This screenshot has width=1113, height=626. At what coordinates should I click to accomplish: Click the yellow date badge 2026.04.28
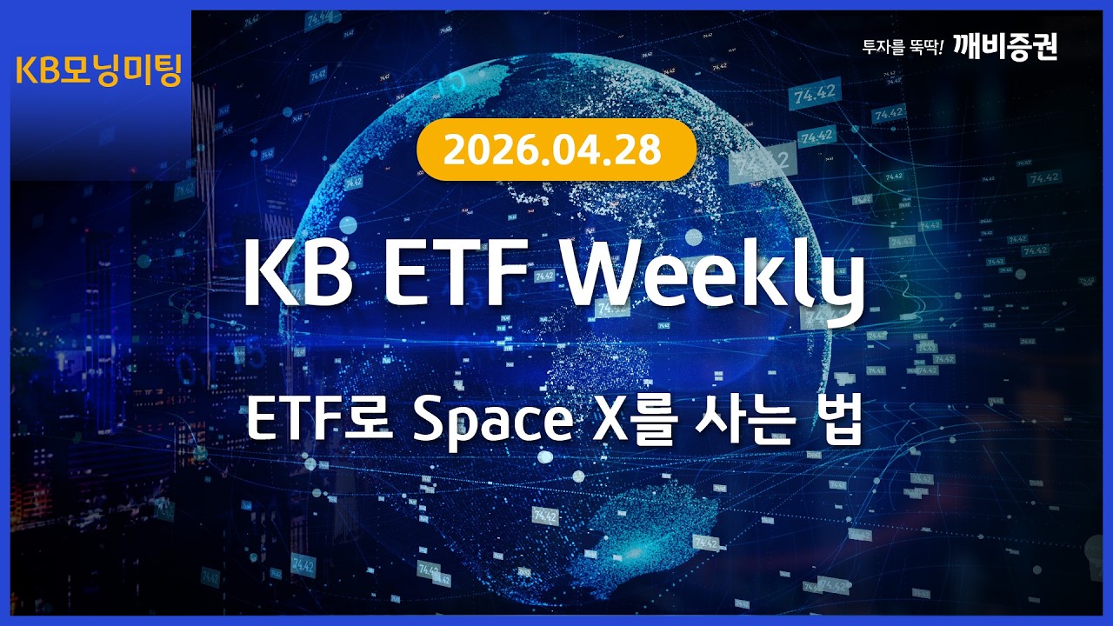(556, 150)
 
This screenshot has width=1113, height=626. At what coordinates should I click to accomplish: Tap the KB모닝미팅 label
(98, 70)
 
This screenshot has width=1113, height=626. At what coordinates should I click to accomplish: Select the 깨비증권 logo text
(1004, 46)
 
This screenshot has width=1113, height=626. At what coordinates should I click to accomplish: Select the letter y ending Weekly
(838, 283)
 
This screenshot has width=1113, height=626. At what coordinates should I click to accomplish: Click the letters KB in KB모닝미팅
(36, 71)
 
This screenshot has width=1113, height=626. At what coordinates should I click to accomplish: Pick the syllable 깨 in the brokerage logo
(966, 46)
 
